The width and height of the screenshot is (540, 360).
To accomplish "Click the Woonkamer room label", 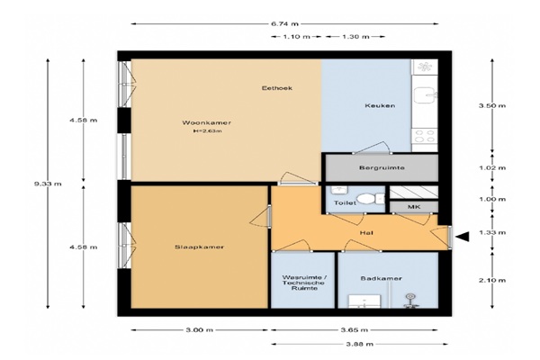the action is tap(207, 122).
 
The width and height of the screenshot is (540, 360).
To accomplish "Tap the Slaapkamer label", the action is tap(200, 247).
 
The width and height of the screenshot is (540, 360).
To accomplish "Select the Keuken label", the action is tap(380, 105).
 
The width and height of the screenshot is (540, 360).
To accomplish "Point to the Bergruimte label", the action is tap(382, 167).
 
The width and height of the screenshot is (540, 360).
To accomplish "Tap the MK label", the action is tap(414, 207).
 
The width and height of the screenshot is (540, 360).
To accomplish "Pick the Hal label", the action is tap(366, 233).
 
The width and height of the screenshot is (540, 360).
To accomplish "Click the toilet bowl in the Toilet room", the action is tap(366, 199).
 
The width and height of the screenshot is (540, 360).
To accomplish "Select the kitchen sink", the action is tap(425, 94).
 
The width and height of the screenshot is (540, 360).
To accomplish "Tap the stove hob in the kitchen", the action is tap(425, 135).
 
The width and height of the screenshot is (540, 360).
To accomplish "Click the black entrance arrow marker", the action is tap(463, 237).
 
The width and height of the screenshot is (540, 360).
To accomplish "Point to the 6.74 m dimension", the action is tap(284, 23).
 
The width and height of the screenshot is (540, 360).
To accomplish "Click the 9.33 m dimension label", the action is tap(48, 184).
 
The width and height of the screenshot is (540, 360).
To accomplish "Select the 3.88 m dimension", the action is tap(360, 344).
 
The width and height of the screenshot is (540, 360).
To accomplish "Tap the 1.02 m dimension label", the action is tap(492, 167).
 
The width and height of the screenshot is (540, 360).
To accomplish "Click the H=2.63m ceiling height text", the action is tap(207, 130).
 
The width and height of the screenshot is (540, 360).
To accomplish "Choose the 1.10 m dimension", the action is tap(296, 37).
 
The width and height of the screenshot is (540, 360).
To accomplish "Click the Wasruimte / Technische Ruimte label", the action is tap(303, 283).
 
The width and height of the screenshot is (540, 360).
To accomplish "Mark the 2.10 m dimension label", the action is tap(492, 280).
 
